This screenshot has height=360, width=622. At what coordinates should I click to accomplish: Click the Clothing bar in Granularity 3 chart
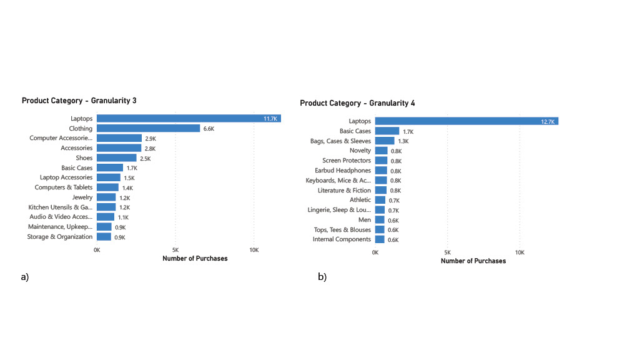click(x=148, y=129)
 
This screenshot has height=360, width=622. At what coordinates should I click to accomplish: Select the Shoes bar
click(x=116, y=158)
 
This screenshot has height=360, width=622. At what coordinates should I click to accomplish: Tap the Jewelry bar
click(x=106, y=197)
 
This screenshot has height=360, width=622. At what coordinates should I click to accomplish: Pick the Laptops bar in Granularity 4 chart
click(x=466, y=121)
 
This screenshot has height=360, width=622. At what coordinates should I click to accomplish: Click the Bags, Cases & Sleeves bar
click(x=385, y=141)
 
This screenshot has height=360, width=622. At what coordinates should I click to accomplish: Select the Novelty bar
click(x=381, y=151)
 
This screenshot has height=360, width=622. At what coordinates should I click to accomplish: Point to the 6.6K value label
click(x=209, y=129)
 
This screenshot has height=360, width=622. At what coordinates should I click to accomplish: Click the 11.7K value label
click(x=270, y=119)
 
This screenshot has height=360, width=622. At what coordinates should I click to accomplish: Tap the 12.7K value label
click(x=548, y=121)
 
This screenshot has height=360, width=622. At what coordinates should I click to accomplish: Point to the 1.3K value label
click(x=403, y=141)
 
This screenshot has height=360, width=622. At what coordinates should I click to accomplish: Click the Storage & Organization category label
click(x=60, y=237)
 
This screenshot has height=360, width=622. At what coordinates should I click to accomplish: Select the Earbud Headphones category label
click(x=343, y=171)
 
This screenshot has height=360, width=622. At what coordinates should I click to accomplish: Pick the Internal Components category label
click(x=342, y=239)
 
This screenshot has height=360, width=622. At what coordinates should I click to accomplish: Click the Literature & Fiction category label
click(x=344, y=190)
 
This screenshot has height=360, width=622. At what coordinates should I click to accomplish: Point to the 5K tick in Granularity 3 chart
click(x=175, y=250)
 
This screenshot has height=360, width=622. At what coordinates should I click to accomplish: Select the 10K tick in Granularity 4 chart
click(x=520, y=252)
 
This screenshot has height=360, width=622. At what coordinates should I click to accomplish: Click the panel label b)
click(x=322, y=277)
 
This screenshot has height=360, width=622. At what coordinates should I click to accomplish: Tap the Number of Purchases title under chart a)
click(x=195, y=259)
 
